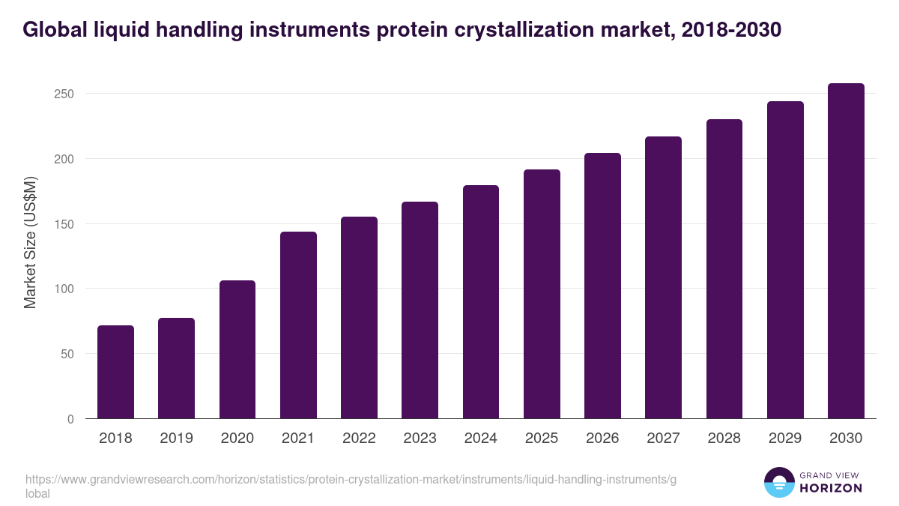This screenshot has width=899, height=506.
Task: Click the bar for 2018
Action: (115, 372)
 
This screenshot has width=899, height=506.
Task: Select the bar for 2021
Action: (298, 325)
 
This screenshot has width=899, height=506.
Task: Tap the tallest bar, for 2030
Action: (846, 251)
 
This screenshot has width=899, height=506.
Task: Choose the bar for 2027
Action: (663, 277)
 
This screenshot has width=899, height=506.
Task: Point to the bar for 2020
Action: (237, 349)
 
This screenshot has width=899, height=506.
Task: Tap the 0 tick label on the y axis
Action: (70, 419)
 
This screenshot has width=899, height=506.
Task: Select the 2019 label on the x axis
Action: (176, 439)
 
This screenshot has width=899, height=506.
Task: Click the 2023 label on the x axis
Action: (420, 439)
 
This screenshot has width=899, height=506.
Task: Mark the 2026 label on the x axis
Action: (602, 439)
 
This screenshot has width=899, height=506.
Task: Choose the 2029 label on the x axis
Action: (785, 439)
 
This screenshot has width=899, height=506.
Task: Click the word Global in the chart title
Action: (53, 30)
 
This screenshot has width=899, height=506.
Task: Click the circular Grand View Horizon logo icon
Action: (778, 482)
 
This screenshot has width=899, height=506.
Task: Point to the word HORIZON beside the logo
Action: (832, 488)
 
